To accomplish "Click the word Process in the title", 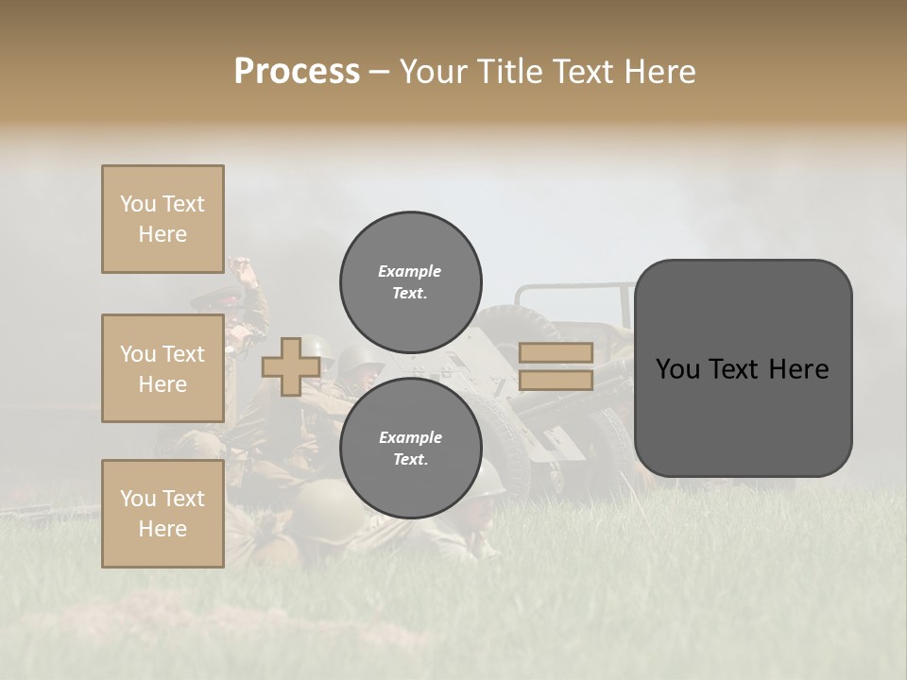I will pos(297,72).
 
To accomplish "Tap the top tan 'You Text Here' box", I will pos(163,219).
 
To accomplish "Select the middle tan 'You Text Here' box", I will pos(163,368).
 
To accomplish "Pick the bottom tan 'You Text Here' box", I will pos(163,513).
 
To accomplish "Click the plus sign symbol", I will pos(290,366).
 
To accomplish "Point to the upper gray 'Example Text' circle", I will pos(410,281).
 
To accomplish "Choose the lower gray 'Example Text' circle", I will pos(410,448).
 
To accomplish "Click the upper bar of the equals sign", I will pos(556,352).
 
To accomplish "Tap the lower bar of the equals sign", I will pos(556,380).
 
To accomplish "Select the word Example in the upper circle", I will pos(410,271).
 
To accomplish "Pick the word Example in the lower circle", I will pos(410,437).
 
